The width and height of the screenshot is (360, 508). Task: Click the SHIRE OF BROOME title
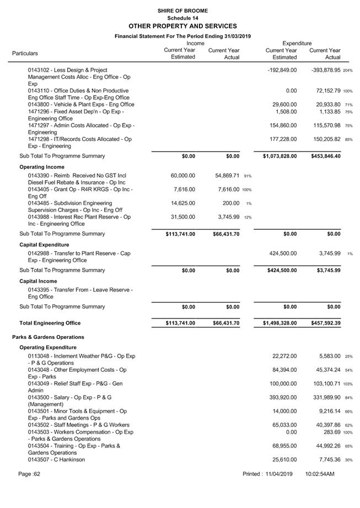point(182,10)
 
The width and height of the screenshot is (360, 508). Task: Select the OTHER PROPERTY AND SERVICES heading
point(182,26)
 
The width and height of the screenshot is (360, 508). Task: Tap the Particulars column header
point(25,53)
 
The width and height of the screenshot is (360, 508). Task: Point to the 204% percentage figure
point(347,71)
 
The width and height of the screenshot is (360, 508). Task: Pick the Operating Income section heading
point(42,167)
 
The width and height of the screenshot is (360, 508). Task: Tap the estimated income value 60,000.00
point(180,175)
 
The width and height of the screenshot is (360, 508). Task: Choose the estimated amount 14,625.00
point(180,203)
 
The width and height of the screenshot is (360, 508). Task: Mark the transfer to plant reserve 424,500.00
point(281,253)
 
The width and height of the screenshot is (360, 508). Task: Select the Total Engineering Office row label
point(50,323)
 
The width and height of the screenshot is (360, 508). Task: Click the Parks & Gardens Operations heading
point(48,337)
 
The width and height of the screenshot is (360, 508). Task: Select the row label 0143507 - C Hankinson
point(57,460)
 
